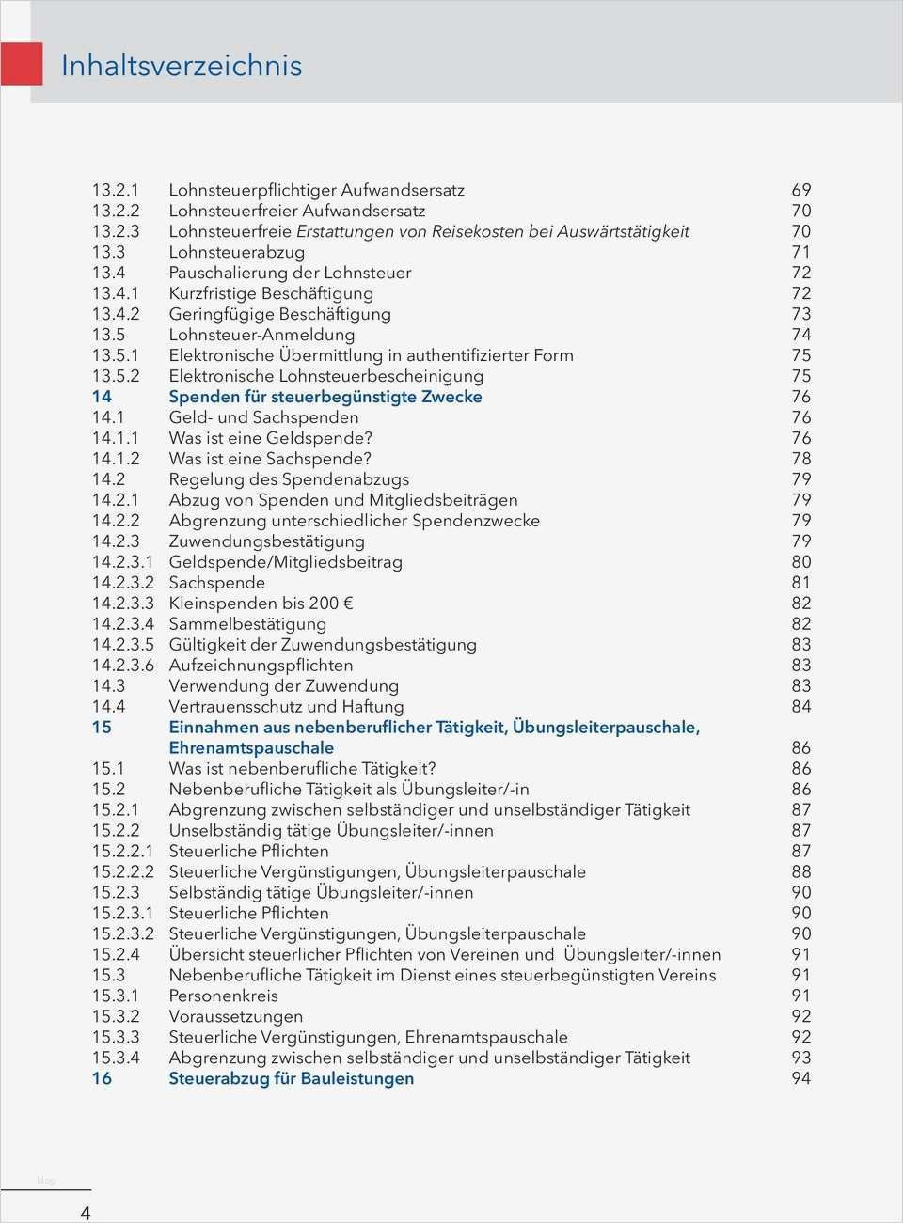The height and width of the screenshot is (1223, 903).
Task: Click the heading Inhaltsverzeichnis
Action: tap(182, 66)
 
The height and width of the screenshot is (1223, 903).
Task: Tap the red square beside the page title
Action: tap(21, 64)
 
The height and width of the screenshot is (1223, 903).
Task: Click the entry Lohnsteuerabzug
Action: tap(236, 252)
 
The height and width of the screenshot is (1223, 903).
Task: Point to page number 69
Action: tap(800, 190)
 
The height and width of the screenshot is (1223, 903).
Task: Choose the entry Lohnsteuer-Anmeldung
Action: tap(261, 335)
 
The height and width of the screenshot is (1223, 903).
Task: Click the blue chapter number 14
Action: tap(102, 397)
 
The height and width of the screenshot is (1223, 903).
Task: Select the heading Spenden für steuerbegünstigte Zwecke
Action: tap(325, 397)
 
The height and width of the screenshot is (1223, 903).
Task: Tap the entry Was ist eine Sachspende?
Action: tap(270, 459)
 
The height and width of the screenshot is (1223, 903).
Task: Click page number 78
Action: tap(800, 459)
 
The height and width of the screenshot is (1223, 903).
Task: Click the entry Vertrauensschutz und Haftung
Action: tap(286, 707)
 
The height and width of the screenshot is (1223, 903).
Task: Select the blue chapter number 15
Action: tap(102, 728)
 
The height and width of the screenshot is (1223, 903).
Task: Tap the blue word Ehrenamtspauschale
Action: tap(251, 748)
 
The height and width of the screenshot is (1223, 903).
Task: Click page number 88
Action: tap(800, 872)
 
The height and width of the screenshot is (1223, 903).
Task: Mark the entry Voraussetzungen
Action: tap(235, 1017)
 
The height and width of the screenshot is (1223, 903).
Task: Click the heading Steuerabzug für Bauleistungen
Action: tap(291, 1079)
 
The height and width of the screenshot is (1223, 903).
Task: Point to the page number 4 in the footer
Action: tap(86, 1213)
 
